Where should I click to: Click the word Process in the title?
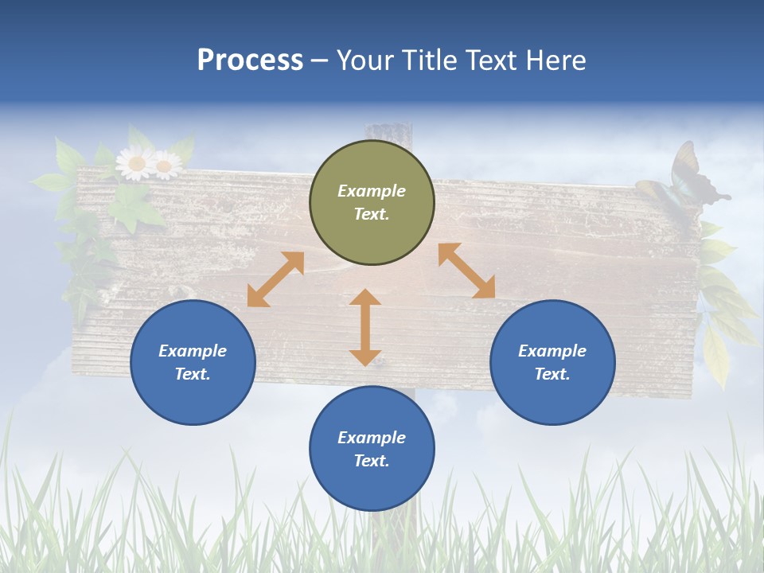point(250,60)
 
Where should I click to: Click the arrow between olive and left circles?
point(275,279)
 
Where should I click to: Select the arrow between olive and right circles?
point(466,271)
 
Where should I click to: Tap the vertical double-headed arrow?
point(365,327)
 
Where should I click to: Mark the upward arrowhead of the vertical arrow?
point(365,298)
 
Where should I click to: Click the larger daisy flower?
point(135,163)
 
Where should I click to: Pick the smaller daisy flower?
point(166,166)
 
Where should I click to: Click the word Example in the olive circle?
point(372,191)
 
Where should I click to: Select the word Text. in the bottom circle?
point(372,461)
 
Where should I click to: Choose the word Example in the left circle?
point(193,351)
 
